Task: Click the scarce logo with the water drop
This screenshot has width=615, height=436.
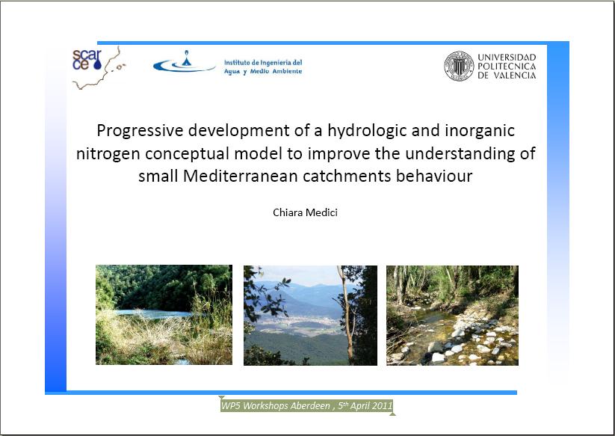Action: click(x=87, y=60)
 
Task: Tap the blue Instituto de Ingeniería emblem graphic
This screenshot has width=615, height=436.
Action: click(x=184, y=62)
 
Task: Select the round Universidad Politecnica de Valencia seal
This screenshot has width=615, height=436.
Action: click(x=459, y=66)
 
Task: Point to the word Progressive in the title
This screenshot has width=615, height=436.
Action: click(x=140, y=131)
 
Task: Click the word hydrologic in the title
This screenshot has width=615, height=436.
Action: click(x=368, y=131)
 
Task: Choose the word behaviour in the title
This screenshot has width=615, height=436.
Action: click(x=434, y=176)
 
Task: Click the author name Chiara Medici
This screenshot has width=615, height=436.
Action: click(x=305, y=212)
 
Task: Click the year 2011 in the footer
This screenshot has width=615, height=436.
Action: click(x=382, y=406)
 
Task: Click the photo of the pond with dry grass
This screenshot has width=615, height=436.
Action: click(x=164, y=315)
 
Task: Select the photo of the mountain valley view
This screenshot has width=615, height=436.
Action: click(x=310, y=316)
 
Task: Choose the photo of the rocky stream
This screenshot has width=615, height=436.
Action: click(x=452, y=316)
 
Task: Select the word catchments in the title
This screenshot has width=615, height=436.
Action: click(x=347, y=176)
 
